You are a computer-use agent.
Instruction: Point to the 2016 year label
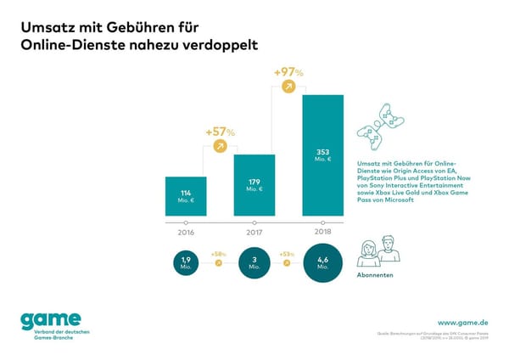click(x=185, y=231)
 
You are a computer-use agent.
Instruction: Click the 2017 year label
click(x=255, y=231)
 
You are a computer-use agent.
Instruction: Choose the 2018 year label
click(x=322, y=231)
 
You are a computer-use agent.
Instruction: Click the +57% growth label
click(x=220, y=132)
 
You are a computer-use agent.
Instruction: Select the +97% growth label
click(x=289, y=72)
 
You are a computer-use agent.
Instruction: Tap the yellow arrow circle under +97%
click(x=289, y=87)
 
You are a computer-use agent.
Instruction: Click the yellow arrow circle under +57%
click(x=220, y=147)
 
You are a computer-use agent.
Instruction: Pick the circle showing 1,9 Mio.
click(x=185, y=262)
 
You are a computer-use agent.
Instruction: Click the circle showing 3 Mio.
click(x=255, y=262)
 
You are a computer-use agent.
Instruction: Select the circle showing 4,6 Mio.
click(x=322, y=262)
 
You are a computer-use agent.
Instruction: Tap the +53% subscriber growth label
click(x=288, y=254)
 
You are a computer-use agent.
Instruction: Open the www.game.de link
click(x=461, y=323)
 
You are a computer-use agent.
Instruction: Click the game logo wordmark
click(x=51, y=319)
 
